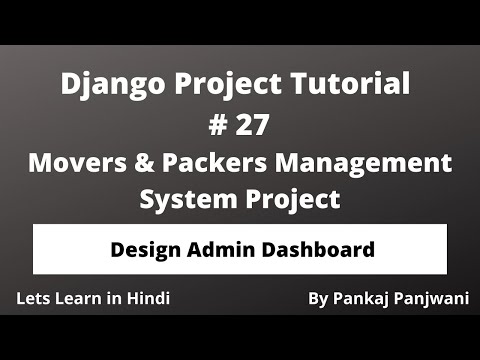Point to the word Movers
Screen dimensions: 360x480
click(x=76, y=162)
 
